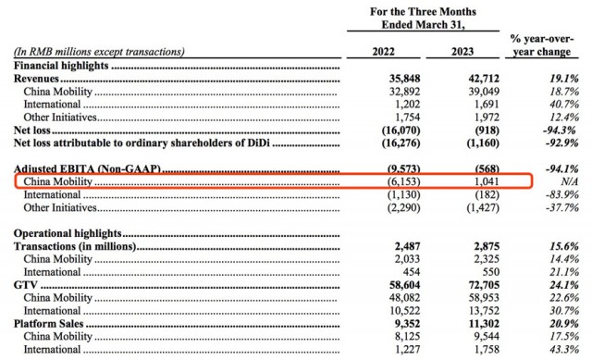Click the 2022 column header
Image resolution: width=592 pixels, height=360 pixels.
coord(383,52)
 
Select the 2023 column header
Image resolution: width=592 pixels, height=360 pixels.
coord(462,52)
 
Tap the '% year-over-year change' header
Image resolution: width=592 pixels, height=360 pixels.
coord(542,45)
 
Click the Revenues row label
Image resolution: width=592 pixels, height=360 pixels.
coord(36,79)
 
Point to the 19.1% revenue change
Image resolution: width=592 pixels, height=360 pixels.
coord(564,79)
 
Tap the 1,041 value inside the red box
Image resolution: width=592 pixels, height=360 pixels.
coord(487,181)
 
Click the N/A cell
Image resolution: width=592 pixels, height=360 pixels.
coord(570,181)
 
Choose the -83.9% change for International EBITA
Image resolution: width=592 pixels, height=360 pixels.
coord(562,195)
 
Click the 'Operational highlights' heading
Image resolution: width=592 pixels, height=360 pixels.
coord(68,233)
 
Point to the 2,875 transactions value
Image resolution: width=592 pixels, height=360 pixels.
coord(487,246)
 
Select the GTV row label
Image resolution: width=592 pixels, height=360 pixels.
coord(25,285)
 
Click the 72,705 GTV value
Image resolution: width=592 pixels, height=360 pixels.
coord(484,285)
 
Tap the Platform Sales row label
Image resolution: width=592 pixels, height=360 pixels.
coord(48,324)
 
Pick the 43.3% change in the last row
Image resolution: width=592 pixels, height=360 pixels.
coord(564,350)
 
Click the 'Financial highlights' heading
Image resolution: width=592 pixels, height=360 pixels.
coord(61,66)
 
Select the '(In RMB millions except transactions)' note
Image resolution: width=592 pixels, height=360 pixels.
coord(99,52)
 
